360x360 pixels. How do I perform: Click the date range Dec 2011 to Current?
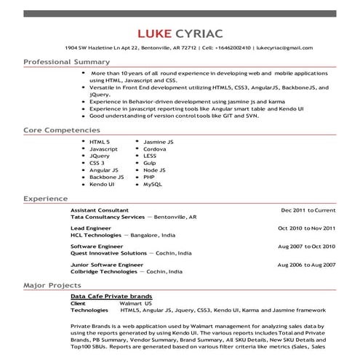pos(308,209)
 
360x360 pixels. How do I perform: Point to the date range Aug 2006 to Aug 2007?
pos(307,265)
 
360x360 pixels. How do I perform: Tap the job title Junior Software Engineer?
pos(101,265)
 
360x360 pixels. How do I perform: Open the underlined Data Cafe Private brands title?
pos(111,297)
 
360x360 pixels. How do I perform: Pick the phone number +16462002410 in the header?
pos(226,48)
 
